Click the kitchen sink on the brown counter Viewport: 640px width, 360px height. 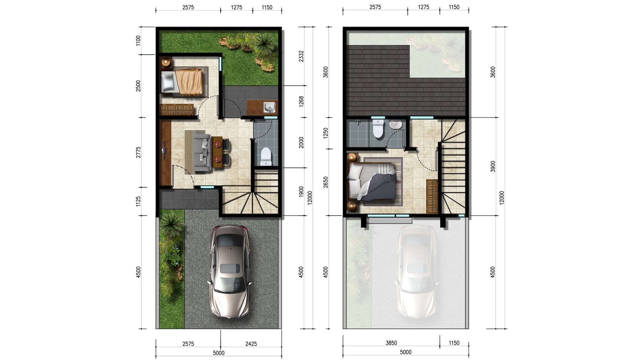(x=269, y=107)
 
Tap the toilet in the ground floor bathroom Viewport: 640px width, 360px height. (x=266, y=157)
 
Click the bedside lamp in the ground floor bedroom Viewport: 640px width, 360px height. (x=166, y=62)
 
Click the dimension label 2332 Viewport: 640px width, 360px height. (x=301, y=56)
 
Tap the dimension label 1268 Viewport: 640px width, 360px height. (x=301, y=101)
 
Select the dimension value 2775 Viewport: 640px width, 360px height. (x=138, y=152)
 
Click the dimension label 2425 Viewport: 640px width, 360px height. (x=251, y=344)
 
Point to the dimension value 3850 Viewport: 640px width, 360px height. (x=391, y=343)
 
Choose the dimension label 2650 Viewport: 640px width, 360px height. (x=326, y=182)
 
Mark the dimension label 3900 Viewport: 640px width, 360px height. (x=493, y=166)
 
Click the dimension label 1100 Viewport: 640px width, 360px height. (x=138, y=41)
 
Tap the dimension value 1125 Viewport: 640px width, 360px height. (x=138, y=201)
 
